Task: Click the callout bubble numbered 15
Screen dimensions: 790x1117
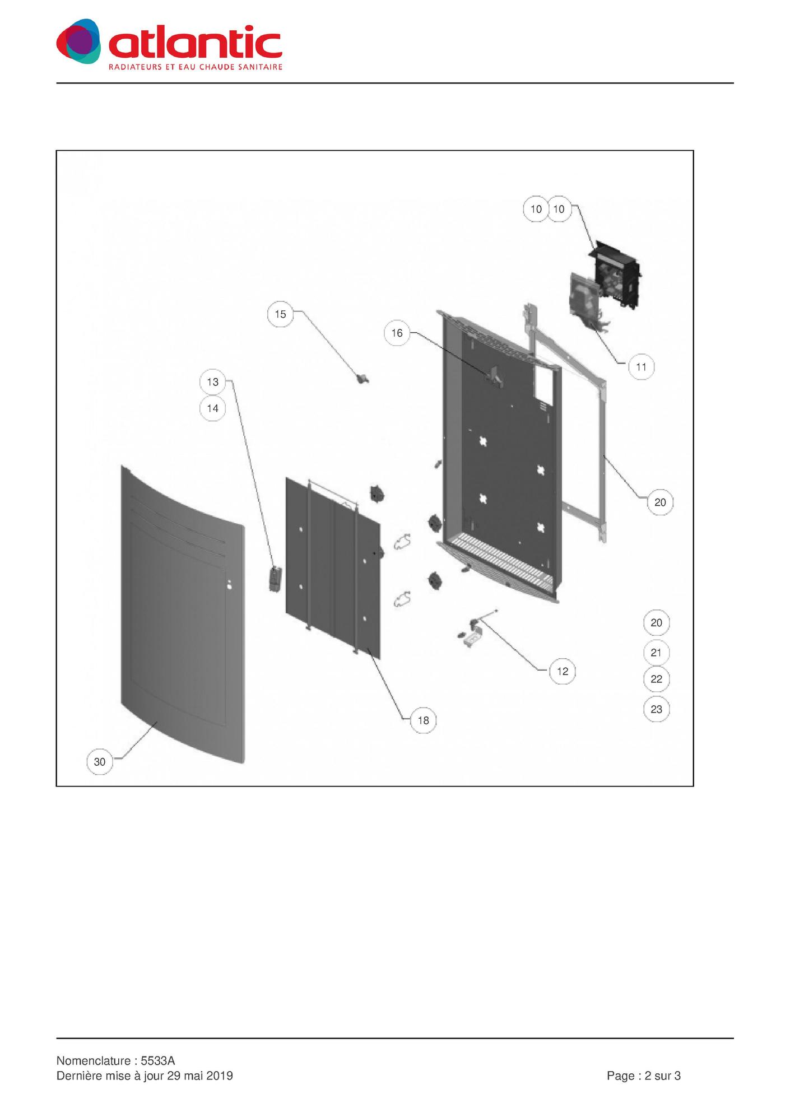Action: coord(280,314)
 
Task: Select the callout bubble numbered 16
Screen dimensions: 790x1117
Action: coord(397,333)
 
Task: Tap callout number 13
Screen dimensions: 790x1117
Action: coord(212,382)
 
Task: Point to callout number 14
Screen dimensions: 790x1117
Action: coord(212,408)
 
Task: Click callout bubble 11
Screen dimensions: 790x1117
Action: coord(641,367)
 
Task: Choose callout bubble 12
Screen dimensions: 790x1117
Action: coord(563,671)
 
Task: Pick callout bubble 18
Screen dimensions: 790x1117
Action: coord(423,720)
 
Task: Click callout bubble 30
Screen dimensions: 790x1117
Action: coord(100,762)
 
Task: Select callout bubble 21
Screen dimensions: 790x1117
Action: coord(656,653)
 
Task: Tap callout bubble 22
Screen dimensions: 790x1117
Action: coord(656,679)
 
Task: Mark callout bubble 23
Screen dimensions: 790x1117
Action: coord(656,709)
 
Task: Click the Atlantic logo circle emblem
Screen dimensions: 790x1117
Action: coord(78,41)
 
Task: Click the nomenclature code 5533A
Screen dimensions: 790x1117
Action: coord(158,1061)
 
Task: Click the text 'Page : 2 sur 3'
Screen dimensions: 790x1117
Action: coord(644,1076)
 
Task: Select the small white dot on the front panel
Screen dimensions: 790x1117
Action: coord(229,587)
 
